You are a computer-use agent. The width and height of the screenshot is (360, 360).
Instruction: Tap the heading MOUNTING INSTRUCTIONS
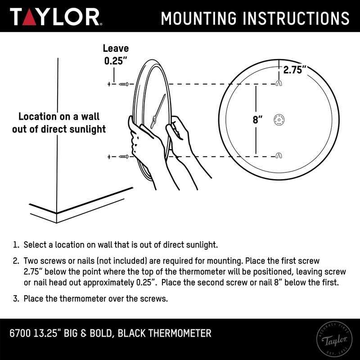point(255,18)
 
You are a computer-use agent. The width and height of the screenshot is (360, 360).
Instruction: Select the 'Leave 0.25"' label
point(115,54)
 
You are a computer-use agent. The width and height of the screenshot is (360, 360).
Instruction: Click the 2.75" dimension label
point(295,69)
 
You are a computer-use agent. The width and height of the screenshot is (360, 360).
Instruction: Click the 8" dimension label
point(257,120)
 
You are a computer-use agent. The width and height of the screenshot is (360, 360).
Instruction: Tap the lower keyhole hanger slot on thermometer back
point(279,156)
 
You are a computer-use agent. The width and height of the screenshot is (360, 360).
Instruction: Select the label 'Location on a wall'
point(62,117)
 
